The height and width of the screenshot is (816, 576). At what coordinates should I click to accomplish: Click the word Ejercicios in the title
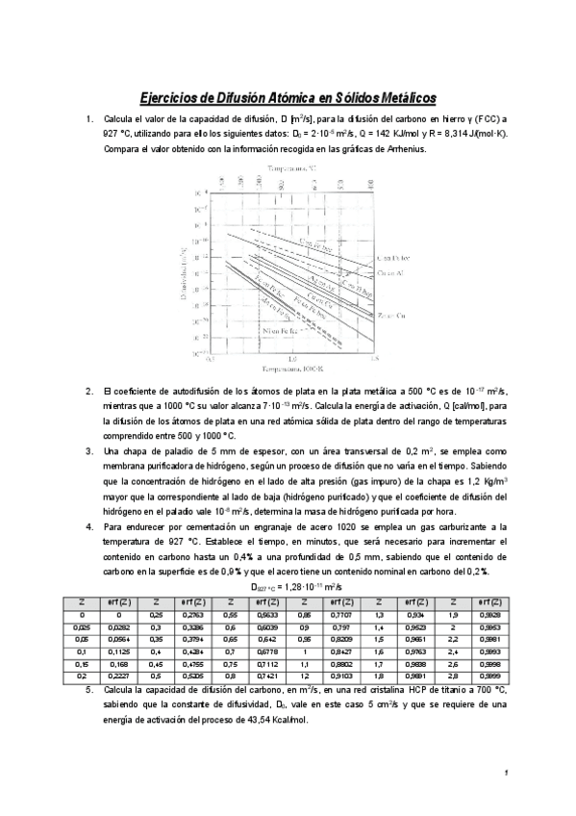[170, 97]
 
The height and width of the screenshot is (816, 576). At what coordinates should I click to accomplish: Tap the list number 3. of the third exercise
[89, 450]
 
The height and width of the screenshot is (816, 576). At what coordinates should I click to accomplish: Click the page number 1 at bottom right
[507, 774]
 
